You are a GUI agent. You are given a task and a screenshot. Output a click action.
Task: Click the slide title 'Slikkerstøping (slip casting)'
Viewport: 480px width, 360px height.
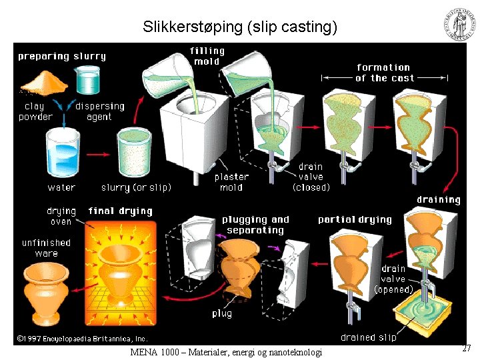(240, 27)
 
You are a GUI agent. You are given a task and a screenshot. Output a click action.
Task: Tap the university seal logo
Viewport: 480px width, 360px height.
(461, 24)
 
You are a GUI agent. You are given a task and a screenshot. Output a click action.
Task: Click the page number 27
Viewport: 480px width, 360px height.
(467, 348)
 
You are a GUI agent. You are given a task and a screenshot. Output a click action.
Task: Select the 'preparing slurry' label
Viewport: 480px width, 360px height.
(62, 57)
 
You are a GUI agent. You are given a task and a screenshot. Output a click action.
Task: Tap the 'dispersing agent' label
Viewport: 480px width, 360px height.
(100, 111)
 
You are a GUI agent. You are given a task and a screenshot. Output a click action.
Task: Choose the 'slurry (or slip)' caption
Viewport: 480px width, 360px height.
(136, 187)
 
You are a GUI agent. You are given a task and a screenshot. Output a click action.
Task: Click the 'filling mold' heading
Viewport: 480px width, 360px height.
(207, 56)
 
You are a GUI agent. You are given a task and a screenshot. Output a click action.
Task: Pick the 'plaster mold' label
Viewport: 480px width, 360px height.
(231, 182)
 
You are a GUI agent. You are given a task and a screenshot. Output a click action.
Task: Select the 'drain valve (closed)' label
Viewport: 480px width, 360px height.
(311, 177)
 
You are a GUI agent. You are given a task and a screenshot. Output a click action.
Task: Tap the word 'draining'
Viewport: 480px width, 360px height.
(438, 199)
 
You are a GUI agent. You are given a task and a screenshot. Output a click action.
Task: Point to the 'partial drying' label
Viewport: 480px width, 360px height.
(355, 219)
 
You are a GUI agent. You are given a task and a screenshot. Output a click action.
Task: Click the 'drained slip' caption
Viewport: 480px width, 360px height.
(368, 337)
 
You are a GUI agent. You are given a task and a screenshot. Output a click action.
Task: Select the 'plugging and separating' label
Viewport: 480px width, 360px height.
(255, 225)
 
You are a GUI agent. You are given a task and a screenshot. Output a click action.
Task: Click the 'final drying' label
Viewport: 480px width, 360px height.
(120, 211)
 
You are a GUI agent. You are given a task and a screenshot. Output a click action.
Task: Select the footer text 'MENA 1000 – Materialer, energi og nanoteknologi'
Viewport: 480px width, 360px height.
(225, 352)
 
